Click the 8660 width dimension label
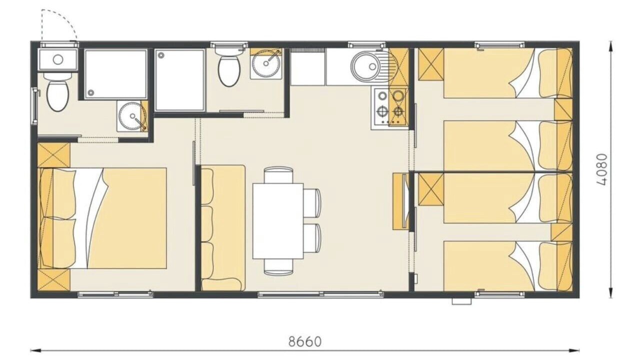pyautogui.click(x=305, y=341)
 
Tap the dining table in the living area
pyautogui.click(x=277, y=221)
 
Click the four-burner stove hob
pyautogui.click(x=389, y=107)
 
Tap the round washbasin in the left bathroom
pyautogui.click(x=132, y=115)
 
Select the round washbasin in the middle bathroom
pyautogui.click(x=266, y=63)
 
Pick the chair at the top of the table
pyautogui.click(x=278, y=175)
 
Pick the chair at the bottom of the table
pyautogui.click(x=278, y=267)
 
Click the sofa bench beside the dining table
pyautogui.click(x=223, y=227)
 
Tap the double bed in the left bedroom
pyautogui.click(x=102, y=218)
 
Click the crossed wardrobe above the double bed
pyautogui.click(x=53, y=155)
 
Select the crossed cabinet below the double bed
pyautogui.click(x=53, y=279)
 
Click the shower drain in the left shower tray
pyautogui.click(x=91, y=92)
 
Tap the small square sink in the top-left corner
pyautogui.click(x=58, y=59)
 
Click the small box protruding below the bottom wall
pyautogui.click(x=461, y=301)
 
